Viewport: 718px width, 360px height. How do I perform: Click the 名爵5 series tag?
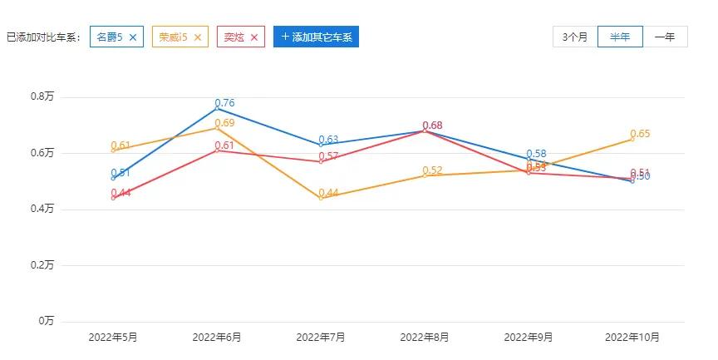click(x=110, y=37)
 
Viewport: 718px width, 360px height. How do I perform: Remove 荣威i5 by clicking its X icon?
click(x=197, y=37)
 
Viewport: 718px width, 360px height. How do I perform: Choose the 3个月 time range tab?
click(x=575, y=37)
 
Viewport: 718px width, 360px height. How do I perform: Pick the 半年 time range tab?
click(x=620, y=37)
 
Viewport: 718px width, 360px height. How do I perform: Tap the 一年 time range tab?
click(x=665, y=37)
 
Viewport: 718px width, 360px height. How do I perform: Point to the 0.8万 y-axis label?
click(x=42, y=97)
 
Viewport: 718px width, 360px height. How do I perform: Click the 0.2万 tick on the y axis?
click(x=42, y=265)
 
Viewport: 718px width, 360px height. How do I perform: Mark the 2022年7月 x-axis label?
click(x=321, y=338)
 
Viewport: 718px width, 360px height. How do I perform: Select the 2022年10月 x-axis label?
click(x=632, y=338)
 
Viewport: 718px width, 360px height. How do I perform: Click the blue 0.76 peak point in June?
click(x=217, y=109)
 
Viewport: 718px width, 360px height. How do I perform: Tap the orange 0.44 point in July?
click(x=321, y=198)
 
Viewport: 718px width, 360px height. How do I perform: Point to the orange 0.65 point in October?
click(x=632, y=139)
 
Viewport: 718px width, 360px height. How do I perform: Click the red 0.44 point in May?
click(x=113, y=198)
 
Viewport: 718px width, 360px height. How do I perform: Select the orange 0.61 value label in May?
click(x=121, y=145)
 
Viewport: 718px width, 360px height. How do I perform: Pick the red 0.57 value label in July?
click(x=329, y=156)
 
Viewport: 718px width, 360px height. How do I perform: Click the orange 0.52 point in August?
click(x=425, y=175)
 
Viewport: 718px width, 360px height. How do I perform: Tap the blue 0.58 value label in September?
click(x=536, y=154)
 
